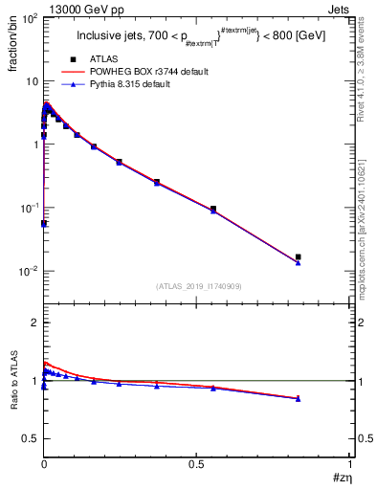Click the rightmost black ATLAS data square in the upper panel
[299, 256]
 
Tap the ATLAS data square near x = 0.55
[213, 209]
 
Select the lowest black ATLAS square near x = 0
[44, 223]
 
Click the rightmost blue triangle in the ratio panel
[299, 398]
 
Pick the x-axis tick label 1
[351, 463]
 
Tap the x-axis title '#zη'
[342, 479]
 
